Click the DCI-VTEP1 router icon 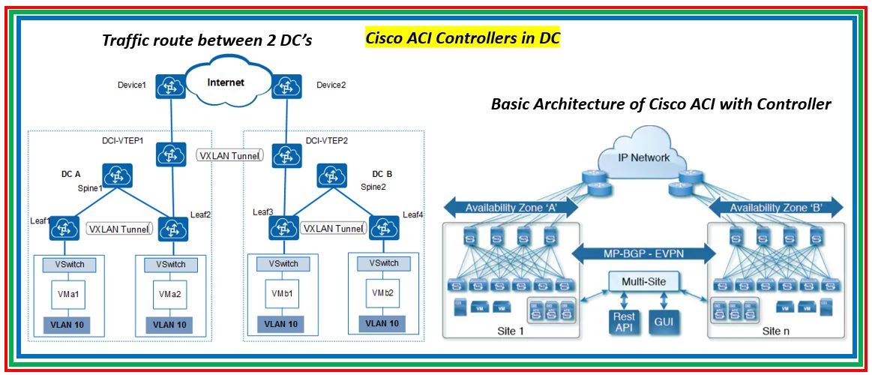(170, 155)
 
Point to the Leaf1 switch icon (64, 227)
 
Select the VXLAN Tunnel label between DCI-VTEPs (230, 155)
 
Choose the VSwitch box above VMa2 (171, 265)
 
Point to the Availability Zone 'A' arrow (511, 208)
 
